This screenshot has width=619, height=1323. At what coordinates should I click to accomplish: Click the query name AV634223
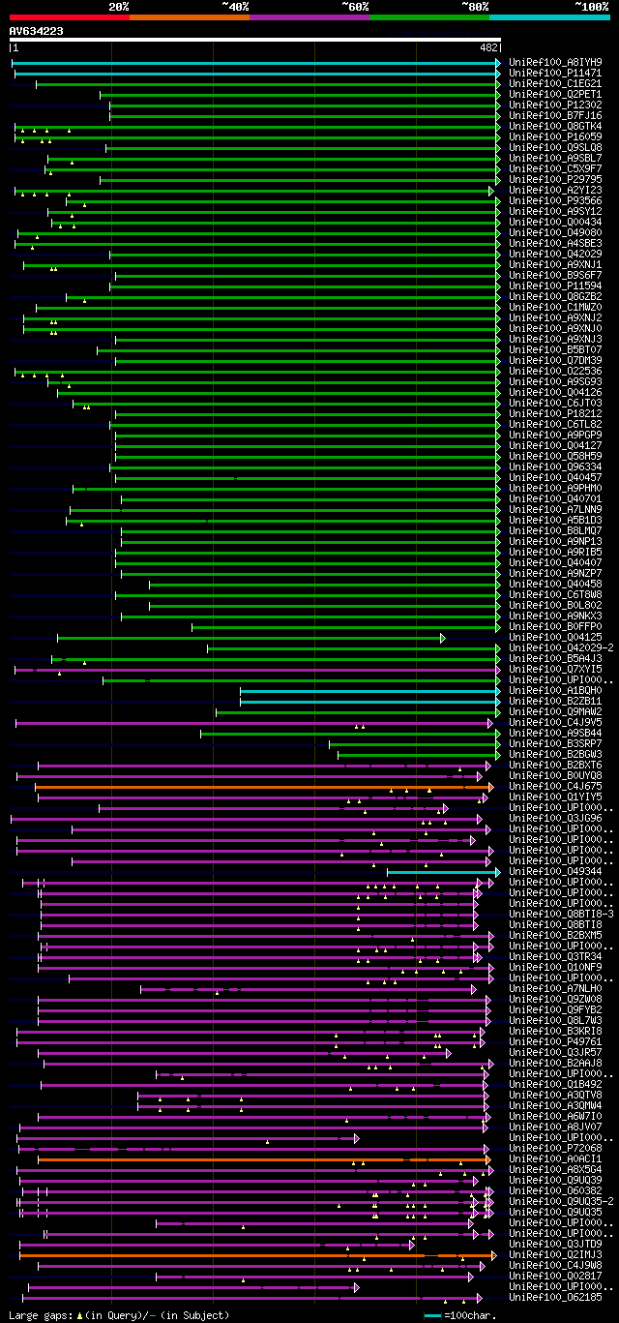click(x=37, y=31)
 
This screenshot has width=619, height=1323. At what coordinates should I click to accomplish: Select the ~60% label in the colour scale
click(x=355, y=7)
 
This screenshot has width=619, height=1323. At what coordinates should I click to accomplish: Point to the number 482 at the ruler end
click(x=488, y=47)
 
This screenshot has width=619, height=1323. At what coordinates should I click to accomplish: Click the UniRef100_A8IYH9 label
click(x=555, y=62)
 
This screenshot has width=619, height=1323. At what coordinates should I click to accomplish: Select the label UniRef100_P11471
click(x=555, y=73)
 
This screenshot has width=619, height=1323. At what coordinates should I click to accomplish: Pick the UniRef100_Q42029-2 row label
click(x=561, y=647)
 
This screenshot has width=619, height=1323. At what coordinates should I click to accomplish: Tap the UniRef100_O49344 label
click(x=555, y=871)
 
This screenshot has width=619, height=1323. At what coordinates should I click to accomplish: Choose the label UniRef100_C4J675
click(x=555, y=786)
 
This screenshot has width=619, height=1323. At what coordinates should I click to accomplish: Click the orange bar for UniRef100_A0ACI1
click(x=261, y=1158)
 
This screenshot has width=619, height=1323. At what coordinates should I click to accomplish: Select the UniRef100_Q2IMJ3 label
click(x=555, y=1254)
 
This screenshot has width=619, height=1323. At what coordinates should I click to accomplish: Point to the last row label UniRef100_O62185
click(x=555, y=1297)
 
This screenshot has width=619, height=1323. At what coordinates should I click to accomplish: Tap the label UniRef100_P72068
click(x=555, y=1148)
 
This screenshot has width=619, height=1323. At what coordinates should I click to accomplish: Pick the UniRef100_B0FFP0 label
click(x=555, y=626)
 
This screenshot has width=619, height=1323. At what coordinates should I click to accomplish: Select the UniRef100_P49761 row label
click(x=555, y=1041)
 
